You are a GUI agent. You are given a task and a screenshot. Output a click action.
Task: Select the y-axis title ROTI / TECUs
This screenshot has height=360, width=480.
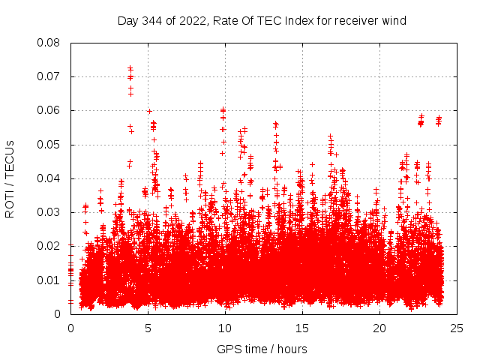(10, 178)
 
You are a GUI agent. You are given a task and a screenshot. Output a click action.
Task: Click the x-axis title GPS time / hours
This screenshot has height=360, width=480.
(262, 349)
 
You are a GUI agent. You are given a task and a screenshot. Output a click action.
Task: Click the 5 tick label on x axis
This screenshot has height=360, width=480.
(148, 328)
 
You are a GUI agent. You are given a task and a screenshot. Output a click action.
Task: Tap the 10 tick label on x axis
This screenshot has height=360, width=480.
(225, 328)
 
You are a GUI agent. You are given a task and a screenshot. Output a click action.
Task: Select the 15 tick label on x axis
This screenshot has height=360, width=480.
(302, 328)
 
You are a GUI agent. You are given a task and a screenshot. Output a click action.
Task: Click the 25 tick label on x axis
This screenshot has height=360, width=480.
(457, 328)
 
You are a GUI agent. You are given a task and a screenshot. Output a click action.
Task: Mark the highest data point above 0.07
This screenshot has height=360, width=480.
(130, 67)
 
